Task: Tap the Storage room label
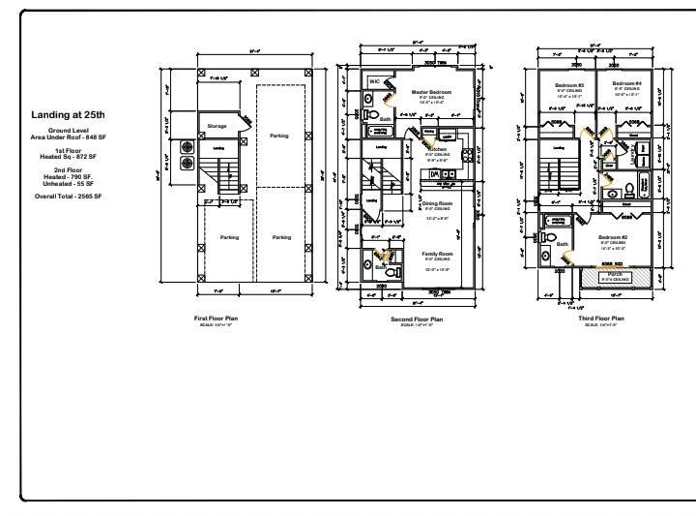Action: (x=217, y=125)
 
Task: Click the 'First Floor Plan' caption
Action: (x=217, y=318)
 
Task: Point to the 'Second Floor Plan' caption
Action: (x=418, y=319)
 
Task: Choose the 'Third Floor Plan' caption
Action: (x=602, y=318)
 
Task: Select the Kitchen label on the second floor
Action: (x=437, y=149)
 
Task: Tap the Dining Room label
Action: (x=437, y=203)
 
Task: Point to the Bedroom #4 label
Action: (x=626, y=85)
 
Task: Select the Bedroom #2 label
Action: (x=614, y=237)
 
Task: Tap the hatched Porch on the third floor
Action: (x=615, y=276)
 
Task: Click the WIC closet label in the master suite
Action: (x=374, y=82)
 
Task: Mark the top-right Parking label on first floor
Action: (x=280, y=136)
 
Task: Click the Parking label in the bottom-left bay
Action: (x=229, y=237)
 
